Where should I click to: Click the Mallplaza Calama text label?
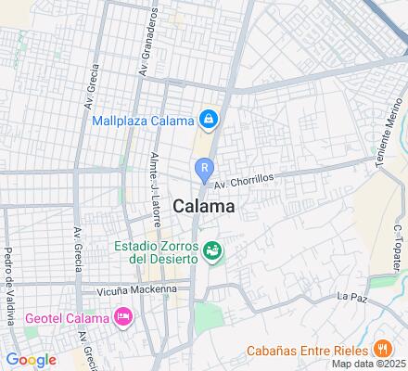(143, 120)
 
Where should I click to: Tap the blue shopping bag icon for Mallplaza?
(210, 120)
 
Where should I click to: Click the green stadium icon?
(213, 250)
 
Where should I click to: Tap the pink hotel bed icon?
(122, 319)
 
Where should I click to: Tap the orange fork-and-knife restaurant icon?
(381, 350)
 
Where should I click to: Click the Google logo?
(31, 360)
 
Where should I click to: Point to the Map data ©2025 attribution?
(371, 364)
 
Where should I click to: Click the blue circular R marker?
(203, 168)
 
